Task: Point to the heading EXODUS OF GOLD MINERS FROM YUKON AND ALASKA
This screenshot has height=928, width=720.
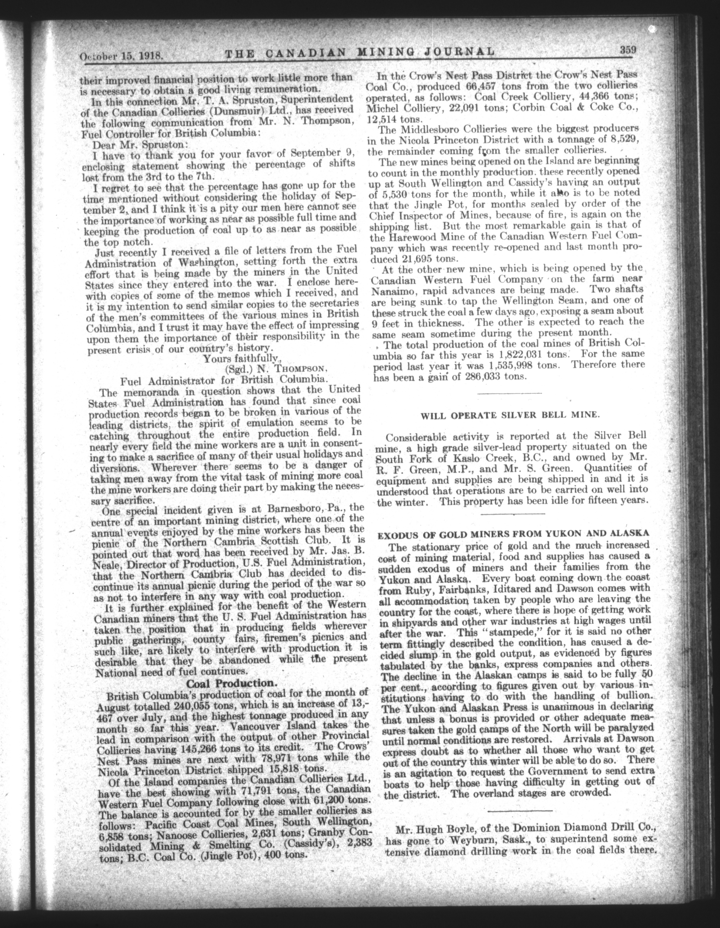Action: point(513,534)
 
